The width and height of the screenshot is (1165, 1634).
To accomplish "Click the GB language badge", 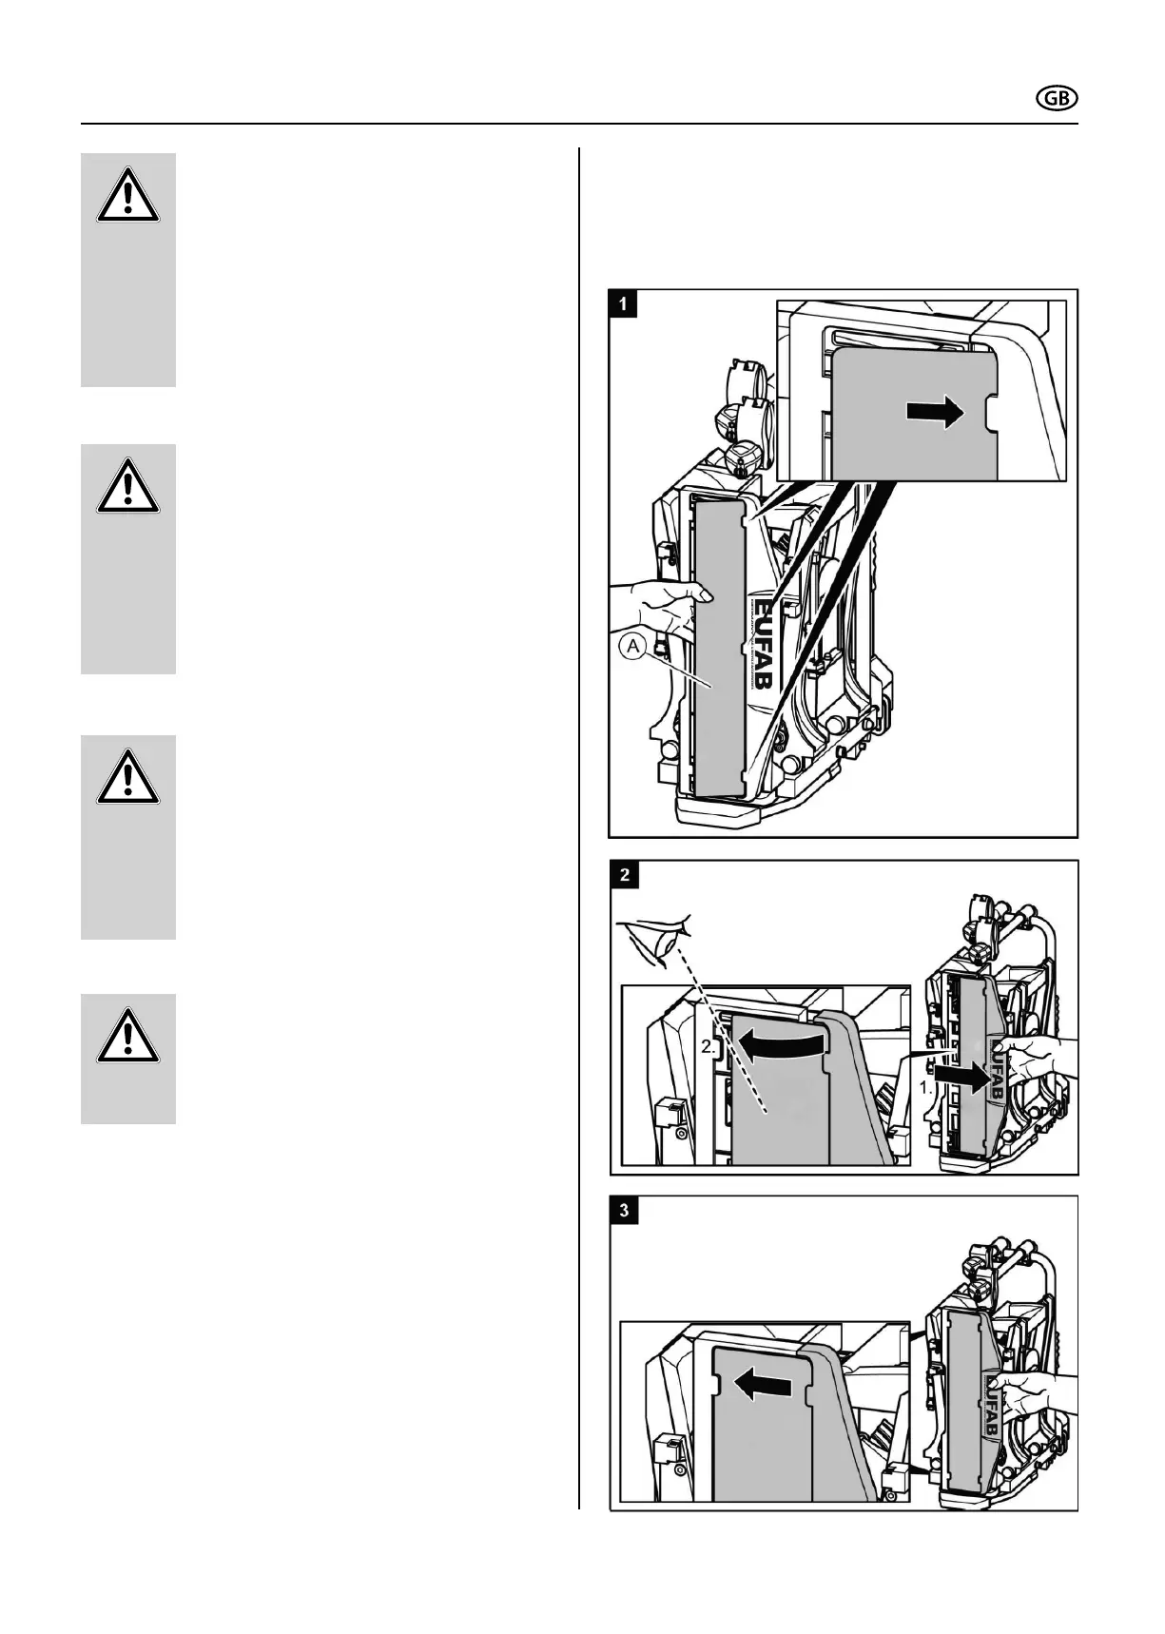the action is [1056, 99].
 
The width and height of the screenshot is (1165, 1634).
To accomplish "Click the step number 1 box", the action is [624, 304].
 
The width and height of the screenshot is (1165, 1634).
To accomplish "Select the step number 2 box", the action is [624, 875].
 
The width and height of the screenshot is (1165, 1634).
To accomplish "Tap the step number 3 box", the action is [624, 1211].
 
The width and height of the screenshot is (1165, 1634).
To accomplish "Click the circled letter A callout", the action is [634, 648].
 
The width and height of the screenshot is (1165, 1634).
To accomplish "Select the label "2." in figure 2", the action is [709, 1046].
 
